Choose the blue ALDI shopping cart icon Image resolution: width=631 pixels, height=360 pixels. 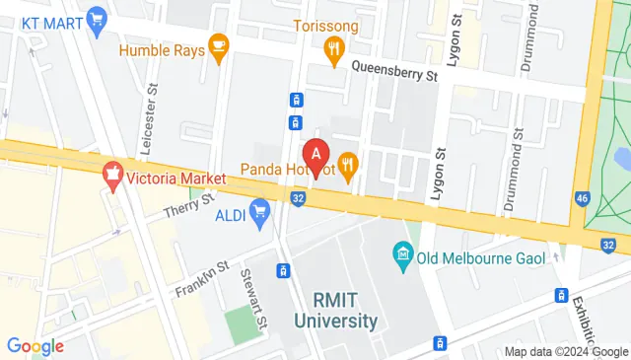click(x=260, y=209)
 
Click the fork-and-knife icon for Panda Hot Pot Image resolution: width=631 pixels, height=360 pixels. click(x=347, y=163)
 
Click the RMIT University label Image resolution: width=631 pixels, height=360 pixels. click(x=335, y=311)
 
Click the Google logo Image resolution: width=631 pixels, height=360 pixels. click(x=35, y=345)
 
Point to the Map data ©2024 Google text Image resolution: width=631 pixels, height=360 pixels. click(x=566, y=351)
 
